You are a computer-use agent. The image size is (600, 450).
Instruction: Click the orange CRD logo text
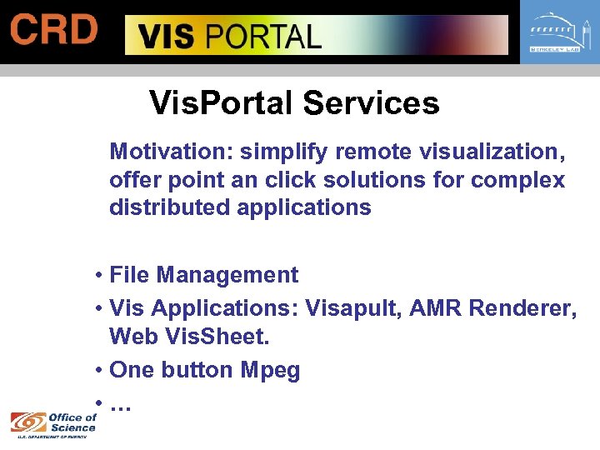[x=53, y=29]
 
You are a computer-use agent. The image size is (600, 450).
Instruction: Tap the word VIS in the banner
[x=165, y=37]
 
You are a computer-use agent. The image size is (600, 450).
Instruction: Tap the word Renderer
[x=522, y=307]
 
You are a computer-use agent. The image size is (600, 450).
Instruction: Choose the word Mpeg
[x=270, y=370]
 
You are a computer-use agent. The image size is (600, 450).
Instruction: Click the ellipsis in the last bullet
[x=121, y=407]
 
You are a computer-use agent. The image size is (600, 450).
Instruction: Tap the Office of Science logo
[x=54, y=422]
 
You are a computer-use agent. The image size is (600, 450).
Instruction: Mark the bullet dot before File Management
[x=98, y=276]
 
